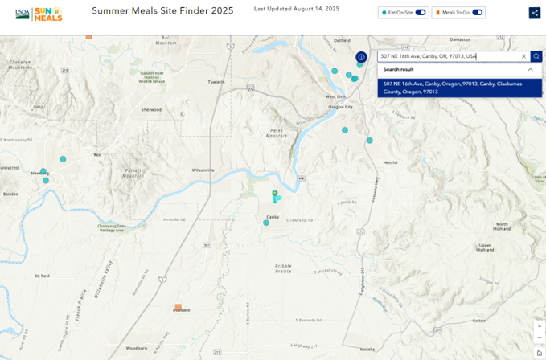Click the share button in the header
coord(534,13)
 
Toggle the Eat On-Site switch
coord(421,13)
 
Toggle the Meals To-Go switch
coord(478,13)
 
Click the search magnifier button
coord(536,56)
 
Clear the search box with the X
coord(523,56)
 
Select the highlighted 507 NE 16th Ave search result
coord(450,88)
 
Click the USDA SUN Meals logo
coord(39,13)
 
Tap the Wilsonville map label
coord(203,170)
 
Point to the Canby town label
coord(272,217)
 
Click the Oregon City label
coord(341,107)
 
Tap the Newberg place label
coord(39,174)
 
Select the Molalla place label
coord(367,350)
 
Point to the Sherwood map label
coord(151,110)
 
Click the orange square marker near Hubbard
coord(178,307)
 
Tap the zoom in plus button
coord(539,327)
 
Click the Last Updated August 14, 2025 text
coord(296,8)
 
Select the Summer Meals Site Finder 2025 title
coord(162,11)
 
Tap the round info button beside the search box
coord(361,57)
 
